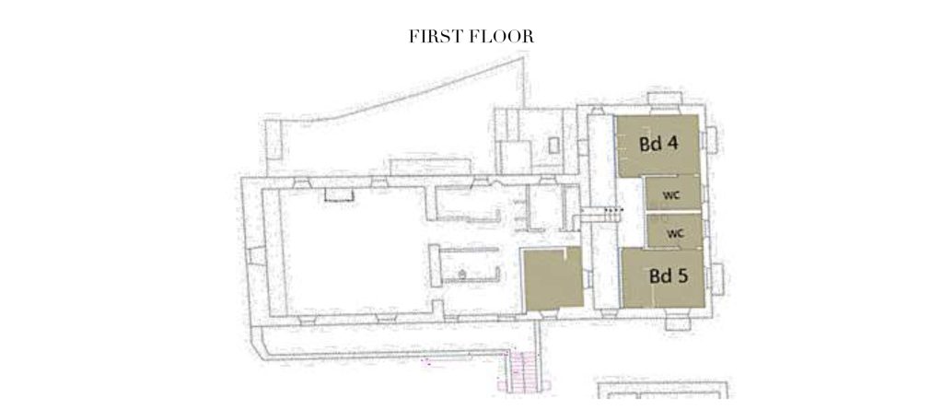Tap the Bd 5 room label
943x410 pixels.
click(669, 276)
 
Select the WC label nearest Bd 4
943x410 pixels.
click(671, 195)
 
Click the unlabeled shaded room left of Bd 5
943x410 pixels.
click(553, 279)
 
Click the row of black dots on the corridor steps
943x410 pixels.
click(613, 209)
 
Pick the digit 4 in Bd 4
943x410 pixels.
click(673, 145)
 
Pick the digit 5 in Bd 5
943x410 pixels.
click(682, 276)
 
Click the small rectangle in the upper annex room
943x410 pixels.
click(553, 145)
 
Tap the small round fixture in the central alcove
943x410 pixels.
click(462, 275)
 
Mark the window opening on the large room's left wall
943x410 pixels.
click(257, 256)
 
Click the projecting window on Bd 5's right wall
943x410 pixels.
click(716, 279)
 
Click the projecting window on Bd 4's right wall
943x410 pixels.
click(710, 140)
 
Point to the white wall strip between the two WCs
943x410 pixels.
click(673, 212)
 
